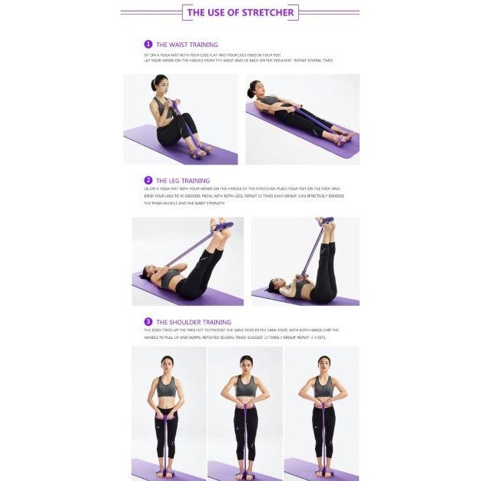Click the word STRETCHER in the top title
268,12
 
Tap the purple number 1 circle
148,45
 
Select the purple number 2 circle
148,181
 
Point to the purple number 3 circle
148,322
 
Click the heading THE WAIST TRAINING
187,45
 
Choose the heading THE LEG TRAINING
183,181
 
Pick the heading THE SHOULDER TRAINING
194,322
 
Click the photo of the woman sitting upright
181,119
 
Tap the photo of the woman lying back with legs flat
302,119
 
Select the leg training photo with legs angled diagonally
187,261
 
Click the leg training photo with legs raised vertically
305,261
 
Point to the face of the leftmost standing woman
167,362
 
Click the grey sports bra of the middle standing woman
245,386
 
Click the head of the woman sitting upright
160,83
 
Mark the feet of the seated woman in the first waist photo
200,151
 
